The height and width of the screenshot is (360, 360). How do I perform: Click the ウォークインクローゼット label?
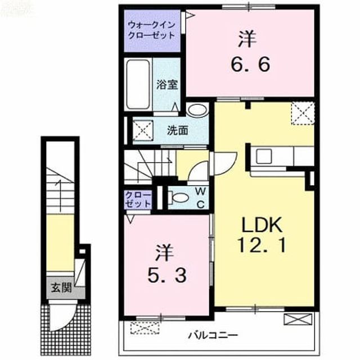pos(151,30)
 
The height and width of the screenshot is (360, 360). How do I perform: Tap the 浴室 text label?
pos(167,84)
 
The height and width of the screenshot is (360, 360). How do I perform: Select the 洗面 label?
pos(178,130)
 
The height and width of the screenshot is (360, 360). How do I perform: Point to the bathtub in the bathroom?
pos(138,84)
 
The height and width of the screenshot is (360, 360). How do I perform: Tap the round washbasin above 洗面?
pos(197,110)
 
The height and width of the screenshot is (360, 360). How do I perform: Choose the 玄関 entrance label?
pos(61,287)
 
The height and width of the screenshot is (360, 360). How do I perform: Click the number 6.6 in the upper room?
pos(250,65)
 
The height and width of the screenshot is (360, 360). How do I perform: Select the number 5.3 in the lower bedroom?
pos(167,275)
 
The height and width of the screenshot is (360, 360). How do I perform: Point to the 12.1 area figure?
pos(262,245)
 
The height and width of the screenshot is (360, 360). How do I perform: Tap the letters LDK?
pos(262,225)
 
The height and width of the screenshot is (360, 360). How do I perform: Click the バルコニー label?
pos(213,336)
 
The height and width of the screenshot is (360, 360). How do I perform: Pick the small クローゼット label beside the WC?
pos(138,200)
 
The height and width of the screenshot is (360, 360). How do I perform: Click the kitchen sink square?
pos(264,156)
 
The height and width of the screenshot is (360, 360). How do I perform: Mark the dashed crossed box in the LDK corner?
pos(303,114)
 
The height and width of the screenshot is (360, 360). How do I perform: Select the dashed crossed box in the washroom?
pos(143,130)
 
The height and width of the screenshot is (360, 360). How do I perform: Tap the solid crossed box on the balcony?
pos(298,319)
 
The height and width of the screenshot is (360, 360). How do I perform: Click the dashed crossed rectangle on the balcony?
pos(145,328)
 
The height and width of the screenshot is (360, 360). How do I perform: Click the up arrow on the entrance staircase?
pos(60,196)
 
